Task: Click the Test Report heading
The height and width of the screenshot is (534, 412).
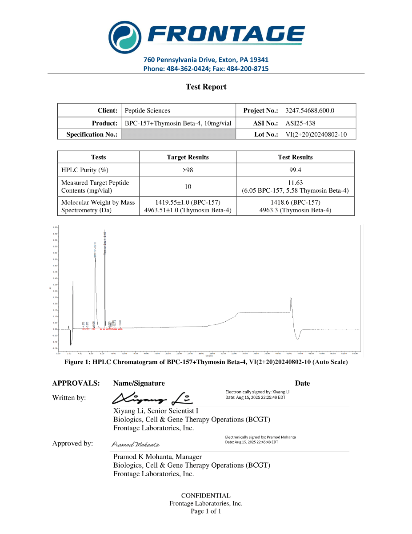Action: point(206,87)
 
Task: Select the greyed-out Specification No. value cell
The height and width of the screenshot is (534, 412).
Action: point(178,134)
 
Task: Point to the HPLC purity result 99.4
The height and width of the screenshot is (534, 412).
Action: point(295,170)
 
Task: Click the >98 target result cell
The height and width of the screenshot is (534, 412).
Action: point(188,170)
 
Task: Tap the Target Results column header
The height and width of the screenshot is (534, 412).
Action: point(188,157)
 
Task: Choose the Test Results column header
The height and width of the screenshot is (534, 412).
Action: point(295,157)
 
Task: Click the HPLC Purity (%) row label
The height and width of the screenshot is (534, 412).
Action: point(84,170)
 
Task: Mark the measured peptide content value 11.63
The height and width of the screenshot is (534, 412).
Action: point(295,182)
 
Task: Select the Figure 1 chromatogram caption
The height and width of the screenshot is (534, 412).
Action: point(206,362)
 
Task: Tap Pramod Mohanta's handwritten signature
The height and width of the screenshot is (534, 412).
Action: point(135,445)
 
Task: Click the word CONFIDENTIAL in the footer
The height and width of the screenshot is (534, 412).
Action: point(206,495)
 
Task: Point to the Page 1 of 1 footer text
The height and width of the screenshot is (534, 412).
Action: point(206,511)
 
